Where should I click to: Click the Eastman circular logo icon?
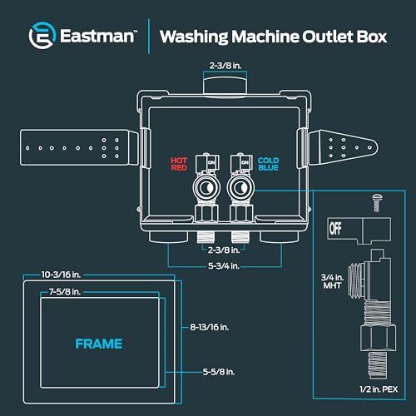point(42,36)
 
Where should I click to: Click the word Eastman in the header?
point(97,37)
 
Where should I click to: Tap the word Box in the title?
point(372,37)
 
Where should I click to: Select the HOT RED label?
point(179,164)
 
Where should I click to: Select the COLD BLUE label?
point(268,164)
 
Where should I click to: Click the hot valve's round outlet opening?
point(206,188)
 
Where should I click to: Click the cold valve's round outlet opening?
point(240,188)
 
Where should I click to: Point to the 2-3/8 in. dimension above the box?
point(225,66)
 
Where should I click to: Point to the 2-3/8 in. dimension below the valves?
point(224,250)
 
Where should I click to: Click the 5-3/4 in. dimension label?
point(224,266)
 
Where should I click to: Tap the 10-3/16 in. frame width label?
point(61,275)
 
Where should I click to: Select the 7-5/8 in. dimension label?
point(65,292)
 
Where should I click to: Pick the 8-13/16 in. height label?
point(210,327)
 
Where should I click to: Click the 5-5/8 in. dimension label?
point(219,372)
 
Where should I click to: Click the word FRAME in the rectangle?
point(99,344)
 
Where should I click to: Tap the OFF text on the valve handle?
point(335,229)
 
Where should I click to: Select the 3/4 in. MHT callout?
point(332,281)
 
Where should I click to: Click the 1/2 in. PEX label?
point(379,389)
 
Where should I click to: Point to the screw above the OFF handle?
point(376,202)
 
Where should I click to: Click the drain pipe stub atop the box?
point(225,86)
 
